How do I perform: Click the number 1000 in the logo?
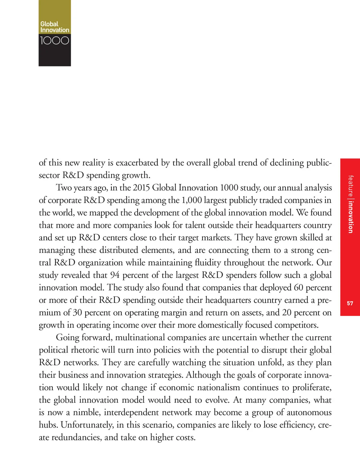(x=55, y=40)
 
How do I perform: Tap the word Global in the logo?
(x=49, y=24)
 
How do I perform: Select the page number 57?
(x=350, y=303)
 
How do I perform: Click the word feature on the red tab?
(x=350, y=186)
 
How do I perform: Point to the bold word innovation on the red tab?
(x=350, y=217)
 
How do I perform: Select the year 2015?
(x=141, y=188)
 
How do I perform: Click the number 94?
(x=115, y=275)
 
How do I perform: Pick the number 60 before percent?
(x=298, y=288)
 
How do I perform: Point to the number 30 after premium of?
(x=77, y=313)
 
